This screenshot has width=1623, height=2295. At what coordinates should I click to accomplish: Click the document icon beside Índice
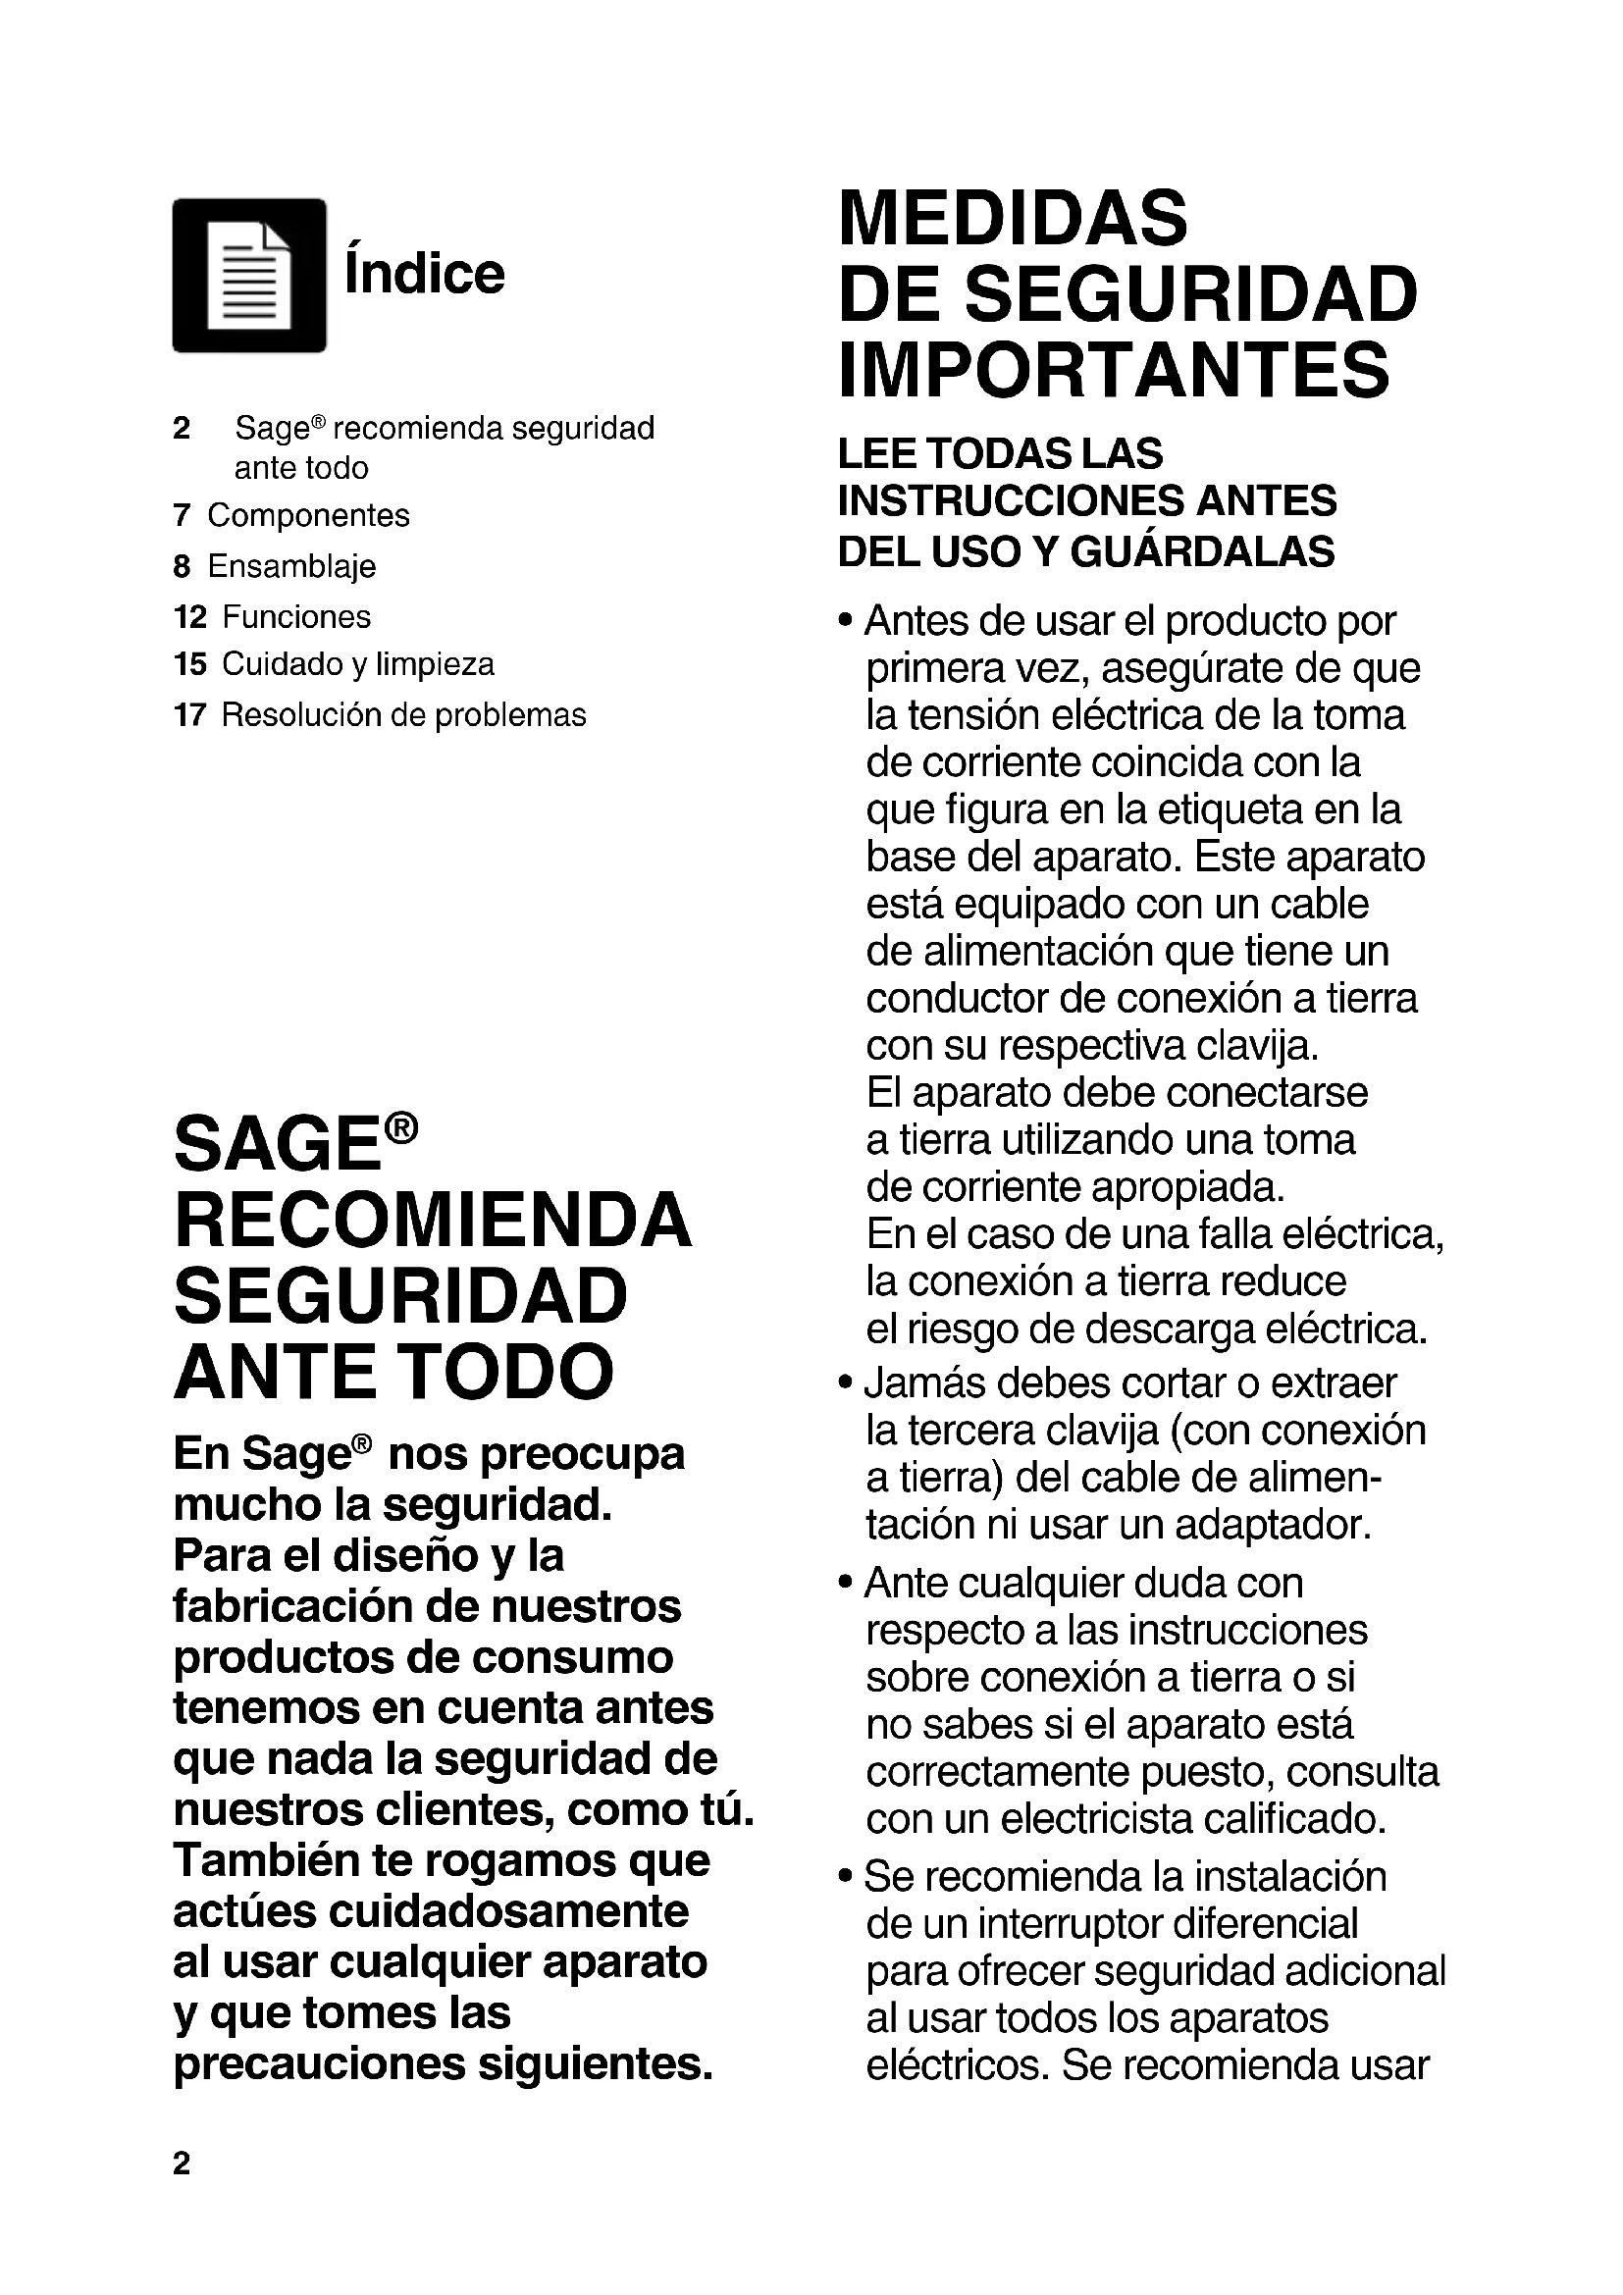pyautogui.click(x=249, y=276)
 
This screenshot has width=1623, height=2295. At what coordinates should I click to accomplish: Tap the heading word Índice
pyautogui.click(x=425, y=273)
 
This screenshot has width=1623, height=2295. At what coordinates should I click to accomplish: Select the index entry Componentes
pyautogui.click(x=308, y=515)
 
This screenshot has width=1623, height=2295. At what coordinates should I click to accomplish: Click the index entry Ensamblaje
pyautogui.click(x=291, y=566)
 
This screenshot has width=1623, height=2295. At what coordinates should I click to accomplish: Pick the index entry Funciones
pyautogui.click(x=295, y=617)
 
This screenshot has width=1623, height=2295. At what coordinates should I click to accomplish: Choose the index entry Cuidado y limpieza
pyautogui.click(x=358, y=664)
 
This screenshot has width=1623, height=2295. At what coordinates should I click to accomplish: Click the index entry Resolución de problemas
pyautogui.click(x=403, y=714)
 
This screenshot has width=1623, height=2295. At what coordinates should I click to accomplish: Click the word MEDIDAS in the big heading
pyautogui.click(x=1013, y=218)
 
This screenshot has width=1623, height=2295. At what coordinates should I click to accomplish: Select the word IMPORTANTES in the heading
pyautogui.click(x=1114, y=369)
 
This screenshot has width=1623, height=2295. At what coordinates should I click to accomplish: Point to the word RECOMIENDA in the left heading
pyautogui.click(x=433, y=1220)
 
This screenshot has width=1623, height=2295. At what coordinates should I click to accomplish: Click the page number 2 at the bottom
pyautogui.click(x=181, y=2164)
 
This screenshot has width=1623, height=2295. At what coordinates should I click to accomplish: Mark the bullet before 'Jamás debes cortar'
pyautogui.click(x=847, y=1383)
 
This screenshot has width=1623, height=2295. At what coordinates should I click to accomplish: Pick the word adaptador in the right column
pyautogui.click(x=1273, y=1525)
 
